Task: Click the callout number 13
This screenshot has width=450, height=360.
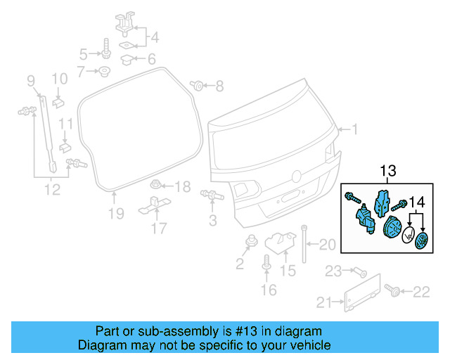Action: (388, 170)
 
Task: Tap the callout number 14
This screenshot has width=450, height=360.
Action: (418, 202)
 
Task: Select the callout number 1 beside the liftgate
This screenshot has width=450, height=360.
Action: (355, 129)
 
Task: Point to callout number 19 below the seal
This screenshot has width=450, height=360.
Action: (115, 212)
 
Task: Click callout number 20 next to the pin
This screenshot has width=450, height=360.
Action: (328, 245)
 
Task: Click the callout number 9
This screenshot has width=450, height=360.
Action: (30, 82)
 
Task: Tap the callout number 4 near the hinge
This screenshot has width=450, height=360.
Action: (155, 37)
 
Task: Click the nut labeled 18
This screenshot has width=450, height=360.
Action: (156, 186)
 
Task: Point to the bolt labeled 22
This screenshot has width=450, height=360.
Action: (392, 289)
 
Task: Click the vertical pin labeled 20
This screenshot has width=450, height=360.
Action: (304, 243)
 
